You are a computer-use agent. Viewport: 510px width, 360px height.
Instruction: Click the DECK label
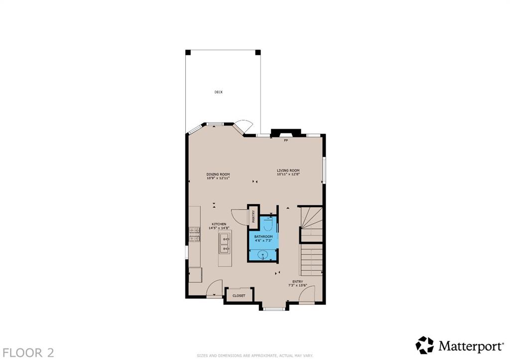219,92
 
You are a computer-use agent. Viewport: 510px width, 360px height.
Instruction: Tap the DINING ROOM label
218,174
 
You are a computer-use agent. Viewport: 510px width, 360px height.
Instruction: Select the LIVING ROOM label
288,170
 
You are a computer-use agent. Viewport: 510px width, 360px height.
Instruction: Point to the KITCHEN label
219,225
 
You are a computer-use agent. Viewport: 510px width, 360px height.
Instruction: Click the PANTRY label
254,217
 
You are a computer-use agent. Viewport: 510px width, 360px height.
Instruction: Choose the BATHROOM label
263,237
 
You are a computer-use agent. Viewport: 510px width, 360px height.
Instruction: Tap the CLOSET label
239,296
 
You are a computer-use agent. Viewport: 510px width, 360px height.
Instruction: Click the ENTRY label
298,282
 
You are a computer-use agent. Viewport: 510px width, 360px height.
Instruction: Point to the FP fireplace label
286,140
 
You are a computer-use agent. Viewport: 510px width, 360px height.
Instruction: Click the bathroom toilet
268,225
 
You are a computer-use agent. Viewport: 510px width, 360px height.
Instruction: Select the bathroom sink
263,255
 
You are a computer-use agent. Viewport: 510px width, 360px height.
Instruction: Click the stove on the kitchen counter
195,235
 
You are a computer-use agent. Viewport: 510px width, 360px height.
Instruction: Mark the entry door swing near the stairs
307,294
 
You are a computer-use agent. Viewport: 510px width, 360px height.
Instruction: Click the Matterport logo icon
425,345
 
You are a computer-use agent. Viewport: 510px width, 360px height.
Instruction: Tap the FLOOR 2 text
28,353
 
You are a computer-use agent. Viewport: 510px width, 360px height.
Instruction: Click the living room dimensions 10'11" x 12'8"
288,174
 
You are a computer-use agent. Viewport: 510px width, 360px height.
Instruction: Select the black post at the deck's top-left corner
188,52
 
